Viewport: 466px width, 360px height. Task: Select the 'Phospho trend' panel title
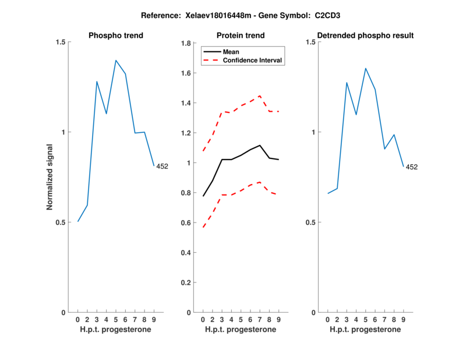tap(116, 36)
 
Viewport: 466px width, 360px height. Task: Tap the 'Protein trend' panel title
tap(241, 36)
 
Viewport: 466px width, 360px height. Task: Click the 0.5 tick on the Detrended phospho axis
tap(311, 223)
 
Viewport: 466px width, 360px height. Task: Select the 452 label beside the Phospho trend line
tap(162, 167)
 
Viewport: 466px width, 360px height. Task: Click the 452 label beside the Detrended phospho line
tap(412, 167)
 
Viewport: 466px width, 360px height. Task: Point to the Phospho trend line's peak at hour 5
tap(116, 60)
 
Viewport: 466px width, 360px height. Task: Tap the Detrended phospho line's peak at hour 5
tap(366, 68)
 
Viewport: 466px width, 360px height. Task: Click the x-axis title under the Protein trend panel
tap(241, 330)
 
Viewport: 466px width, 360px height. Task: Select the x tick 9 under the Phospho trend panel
tap(154, 320)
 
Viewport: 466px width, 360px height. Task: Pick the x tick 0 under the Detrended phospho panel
tap(328, 320)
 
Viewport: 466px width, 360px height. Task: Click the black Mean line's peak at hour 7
tap(260, 145)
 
